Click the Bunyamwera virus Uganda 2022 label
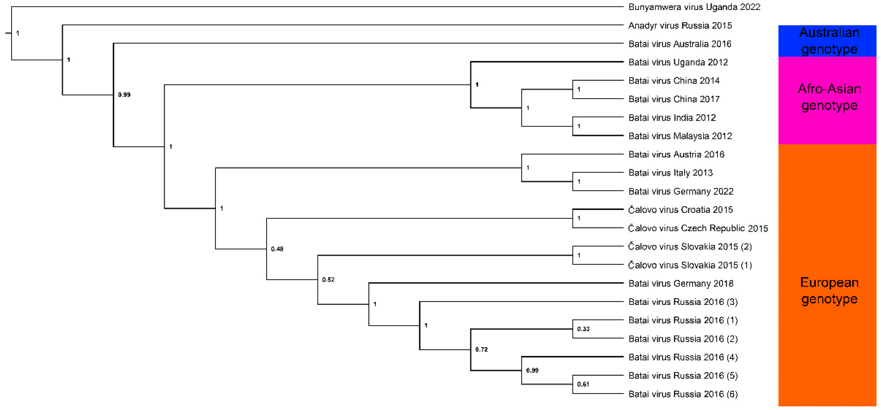(x=694, y=7)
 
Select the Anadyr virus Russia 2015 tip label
(x=680, y=26)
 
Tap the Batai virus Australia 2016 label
(x=680, y=44)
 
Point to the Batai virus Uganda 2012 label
(x=678, y=62)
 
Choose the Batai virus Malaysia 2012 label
(x=680, y=136)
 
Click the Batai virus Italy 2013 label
(x=670, y=173)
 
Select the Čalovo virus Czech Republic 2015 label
(x=698, y=228)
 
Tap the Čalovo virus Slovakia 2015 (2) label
(x=689, y=247)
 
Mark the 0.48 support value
(x=277, y=249)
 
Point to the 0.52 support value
(x=328, y=280)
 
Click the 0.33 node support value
(x=583, y=329)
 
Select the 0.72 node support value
(x=481, y=350)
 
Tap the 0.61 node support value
(x=583, y=384)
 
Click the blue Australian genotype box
(x=827, y=41)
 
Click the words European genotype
(x=829, y=291)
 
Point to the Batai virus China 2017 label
(x=674, y=99)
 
